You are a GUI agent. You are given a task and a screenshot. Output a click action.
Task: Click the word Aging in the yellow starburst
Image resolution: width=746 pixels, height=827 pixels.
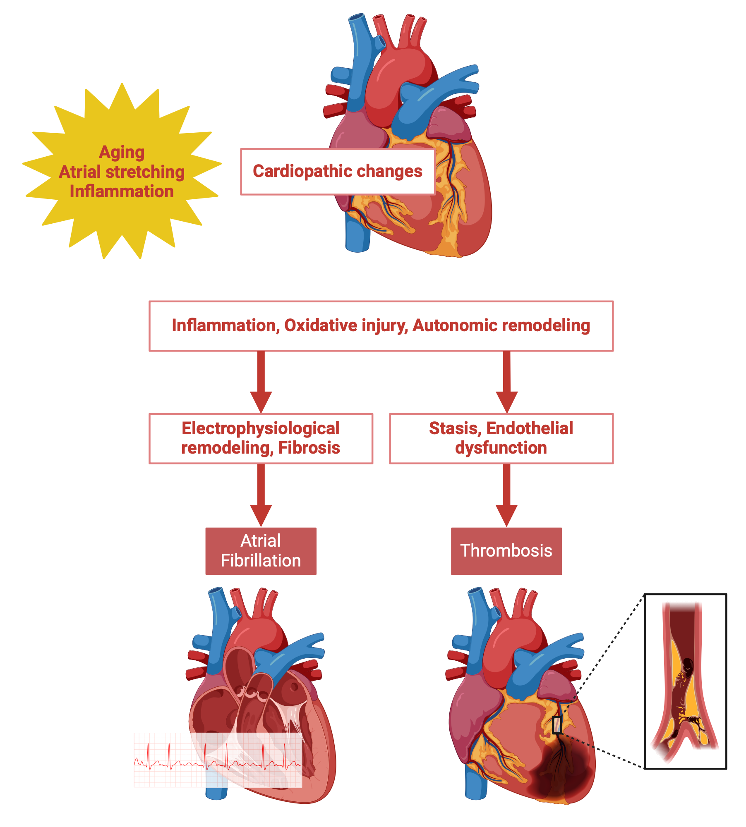122,152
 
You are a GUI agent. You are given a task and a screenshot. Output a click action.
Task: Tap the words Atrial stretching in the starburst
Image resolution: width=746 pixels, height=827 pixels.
122,172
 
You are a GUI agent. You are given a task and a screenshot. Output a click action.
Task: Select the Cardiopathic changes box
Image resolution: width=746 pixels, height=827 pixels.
337,171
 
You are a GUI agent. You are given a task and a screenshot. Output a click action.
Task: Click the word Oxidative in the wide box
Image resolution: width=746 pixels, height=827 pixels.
324,325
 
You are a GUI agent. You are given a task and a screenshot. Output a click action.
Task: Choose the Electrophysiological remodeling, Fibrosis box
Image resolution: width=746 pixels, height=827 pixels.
261,438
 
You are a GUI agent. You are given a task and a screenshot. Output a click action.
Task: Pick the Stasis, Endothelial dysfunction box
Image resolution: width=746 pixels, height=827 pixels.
501,438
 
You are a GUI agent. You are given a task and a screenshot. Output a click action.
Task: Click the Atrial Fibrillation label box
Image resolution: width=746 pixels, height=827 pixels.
261,551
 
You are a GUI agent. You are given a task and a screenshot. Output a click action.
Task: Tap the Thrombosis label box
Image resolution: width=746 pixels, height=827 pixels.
506,551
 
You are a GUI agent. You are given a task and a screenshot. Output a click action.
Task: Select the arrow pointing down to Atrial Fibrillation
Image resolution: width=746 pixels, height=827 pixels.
261,494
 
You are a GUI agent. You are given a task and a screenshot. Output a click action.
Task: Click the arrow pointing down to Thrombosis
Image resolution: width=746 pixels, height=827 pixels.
506,494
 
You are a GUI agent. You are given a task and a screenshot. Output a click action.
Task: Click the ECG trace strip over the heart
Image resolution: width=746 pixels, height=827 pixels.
218,760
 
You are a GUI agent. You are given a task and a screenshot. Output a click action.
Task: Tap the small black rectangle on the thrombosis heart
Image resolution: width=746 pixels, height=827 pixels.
557,725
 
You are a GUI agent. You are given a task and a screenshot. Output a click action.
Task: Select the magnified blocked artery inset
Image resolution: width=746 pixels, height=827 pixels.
686,681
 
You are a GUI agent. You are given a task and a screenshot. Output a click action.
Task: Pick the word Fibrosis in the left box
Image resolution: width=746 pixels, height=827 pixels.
309,448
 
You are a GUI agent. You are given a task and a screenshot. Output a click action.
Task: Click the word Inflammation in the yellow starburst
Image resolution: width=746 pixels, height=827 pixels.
122,191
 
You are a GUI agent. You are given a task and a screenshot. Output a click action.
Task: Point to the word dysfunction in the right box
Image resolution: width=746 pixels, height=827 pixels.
501,448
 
